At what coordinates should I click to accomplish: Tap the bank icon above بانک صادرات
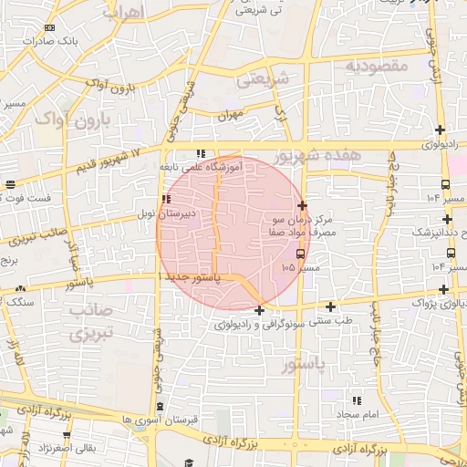click(49, 28)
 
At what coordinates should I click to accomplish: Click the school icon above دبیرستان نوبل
click(165, 200)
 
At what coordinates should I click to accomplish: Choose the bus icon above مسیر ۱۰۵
click(301, 254)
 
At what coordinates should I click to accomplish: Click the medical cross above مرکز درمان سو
click(302, 206)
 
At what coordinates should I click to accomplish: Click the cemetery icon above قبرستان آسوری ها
click(161, 406)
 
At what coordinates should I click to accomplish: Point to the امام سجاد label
click(355, 415)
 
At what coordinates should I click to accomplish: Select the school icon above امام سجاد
click(357, 400)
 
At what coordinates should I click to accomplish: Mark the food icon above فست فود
click(10, 185)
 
